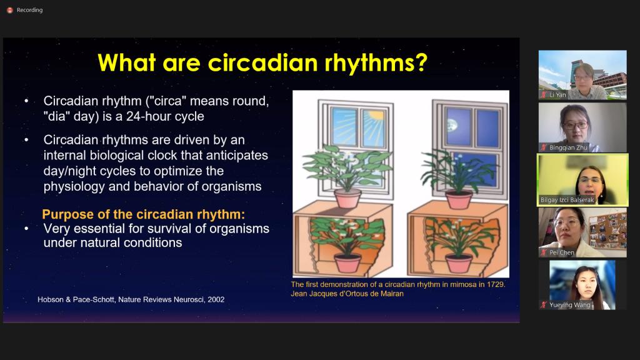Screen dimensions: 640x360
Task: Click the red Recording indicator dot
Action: pyautogui.click(x=10, y=10)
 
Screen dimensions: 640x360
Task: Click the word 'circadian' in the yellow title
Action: pyautogui.click(x=262, y=63)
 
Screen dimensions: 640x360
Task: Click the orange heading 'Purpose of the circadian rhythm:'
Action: pyautogui.click(x=144, y=214)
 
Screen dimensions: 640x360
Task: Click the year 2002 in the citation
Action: pyautogui.click(x=216, y=299)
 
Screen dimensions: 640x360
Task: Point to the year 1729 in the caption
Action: pyautogui.click(x=496, y=284)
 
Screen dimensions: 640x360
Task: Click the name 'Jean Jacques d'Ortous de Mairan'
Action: pyautogui.click(x=347, y=294)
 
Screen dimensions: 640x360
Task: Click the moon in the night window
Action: pyautogui.click(x=452, y=125)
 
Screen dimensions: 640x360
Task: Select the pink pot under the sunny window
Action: pyautogui.click(x=347, y=198)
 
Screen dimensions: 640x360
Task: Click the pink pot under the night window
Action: pyautogui.click(x=459, y=199)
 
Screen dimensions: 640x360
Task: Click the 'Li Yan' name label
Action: pyautogui.click(x=557, y=95)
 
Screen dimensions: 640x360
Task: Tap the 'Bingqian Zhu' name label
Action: pyautogui.click(x=568, y=147)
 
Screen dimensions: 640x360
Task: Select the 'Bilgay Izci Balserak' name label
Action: pyautogui.click(x=567, y=200)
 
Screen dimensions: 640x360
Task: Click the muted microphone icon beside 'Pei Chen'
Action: pyautogui.click(x=544, y=252)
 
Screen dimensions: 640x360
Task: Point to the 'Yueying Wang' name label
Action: pyautogui.click(x=570, y=305)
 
